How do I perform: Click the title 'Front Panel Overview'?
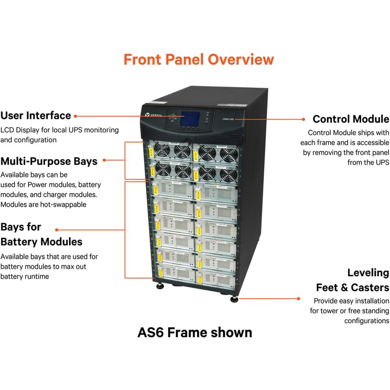tap(198, 59)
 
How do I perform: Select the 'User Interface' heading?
tap(36, 116)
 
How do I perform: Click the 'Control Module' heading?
tap(351, 119)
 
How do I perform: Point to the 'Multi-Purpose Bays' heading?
tap(49, 161)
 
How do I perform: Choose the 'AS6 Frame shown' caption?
tap(195, 332)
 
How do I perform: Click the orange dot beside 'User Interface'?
tap(75, 116)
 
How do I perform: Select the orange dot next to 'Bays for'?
tap(57, 230)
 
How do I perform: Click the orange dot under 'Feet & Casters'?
tap(299, 298)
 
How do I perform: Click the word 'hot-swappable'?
tap(63, 204)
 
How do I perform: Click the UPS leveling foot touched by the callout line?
tap(234, 298)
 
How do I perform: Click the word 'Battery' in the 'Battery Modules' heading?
tap(19, 241)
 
